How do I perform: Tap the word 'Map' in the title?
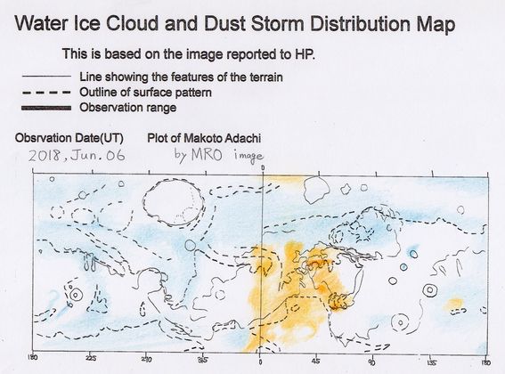(436, 25)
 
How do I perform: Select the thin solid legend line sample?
(46, 77)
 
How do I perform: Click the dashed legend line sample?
(46, 93)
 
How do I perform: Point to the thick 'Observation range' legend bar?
(46, 108)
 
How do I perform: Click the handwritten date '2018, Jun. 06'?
(77, 156)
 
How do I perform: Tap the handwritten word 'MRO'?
(207, 155)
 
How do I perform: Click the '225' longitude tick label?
(91, 359)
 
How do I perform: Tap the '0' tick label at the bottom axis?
(260, 362)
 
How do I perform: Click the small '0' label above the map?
(263, 167)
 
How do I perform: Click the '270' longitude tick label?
(147, 359)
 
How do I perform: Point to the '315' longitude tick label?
(203, 360)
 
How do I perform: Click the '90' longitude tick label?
(373, 362)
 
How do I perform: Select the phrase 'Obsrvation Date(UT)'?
(69, 138)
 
